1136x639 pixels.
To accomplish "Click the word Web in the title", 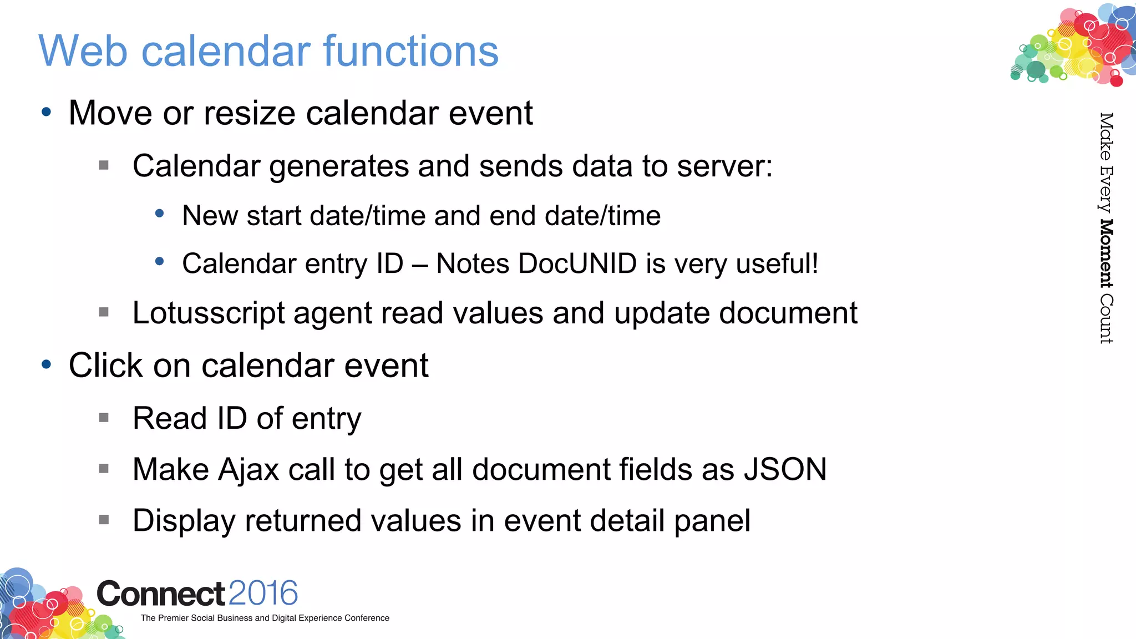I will [83, 51].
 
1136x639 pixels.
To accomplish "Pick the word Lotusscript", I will [209, 313].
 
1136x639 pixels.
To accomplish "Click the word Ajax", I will [248, 470].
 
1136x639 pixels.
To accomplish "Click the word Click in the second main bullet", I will [106, 366].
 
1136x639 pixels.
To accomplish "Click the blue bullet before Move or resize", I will [47, 113].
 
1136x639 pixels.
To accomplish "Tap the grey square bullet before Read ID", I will [104, 418].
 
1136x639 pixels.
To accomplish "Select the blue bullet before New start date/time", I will [160, 213].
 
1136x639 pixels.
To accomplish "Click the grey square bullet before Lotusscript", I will [104, 312].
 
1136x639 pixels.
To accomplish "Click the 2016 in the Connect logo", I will [263, 594].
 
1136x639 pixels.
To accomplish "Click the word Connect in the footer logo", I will [161, 594].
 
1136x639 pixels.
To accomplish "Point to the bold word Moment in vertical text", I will [1105, 253].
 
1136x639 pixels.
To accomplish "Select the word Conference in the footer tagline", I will [367, 618].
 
